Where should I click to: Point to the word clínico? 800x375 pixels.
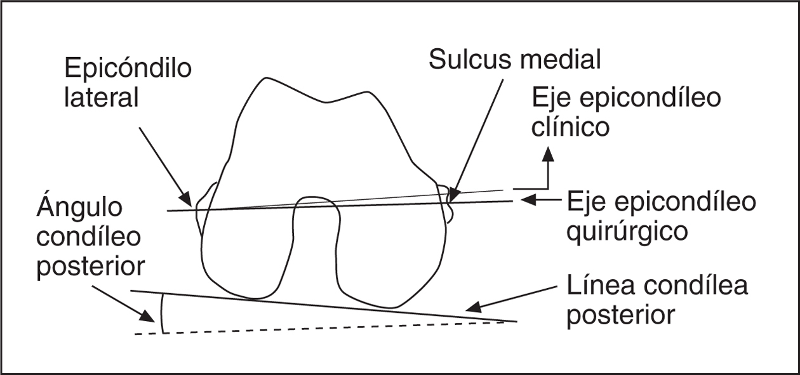tap(571, 126)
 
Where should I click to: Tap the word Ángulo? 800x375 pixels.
tap(79, 208)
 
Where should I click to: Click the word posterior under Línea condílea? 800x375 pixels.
tap(620, 315)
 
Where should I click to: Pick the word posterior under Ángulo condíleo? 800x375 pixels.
tap(91, 267)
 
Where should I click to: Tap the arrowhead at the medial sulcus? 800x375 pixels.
tap(452, 194)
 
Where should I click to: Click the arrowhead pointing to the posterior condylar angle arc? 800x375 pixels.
tap(150, 317)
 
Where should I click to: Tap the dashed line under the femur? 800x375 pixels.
tap(317, 327)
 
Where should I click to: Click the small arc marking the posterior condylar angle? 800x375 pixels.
tap(162, 313)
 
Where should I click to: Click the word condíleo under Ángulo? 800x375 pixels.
tap(88, 237)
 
